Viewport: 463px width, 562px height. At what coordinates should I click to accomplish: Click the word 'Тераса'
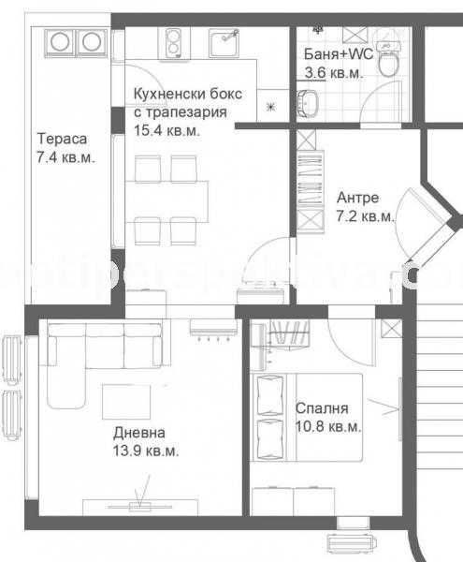[x=57, y=140]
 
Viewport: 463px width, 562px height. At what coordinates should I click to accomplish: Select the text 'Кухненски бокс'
[x=188, y=95]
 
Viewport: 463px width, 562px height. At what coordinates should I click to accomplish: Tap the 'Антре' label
[x=356, y=198]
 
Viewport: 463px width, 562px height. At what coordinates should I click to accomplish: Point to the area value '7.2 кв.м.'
[x=364, y=216]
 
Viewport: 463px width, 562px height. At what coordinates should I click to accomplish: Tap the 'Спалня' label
[x=321, y=409]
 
